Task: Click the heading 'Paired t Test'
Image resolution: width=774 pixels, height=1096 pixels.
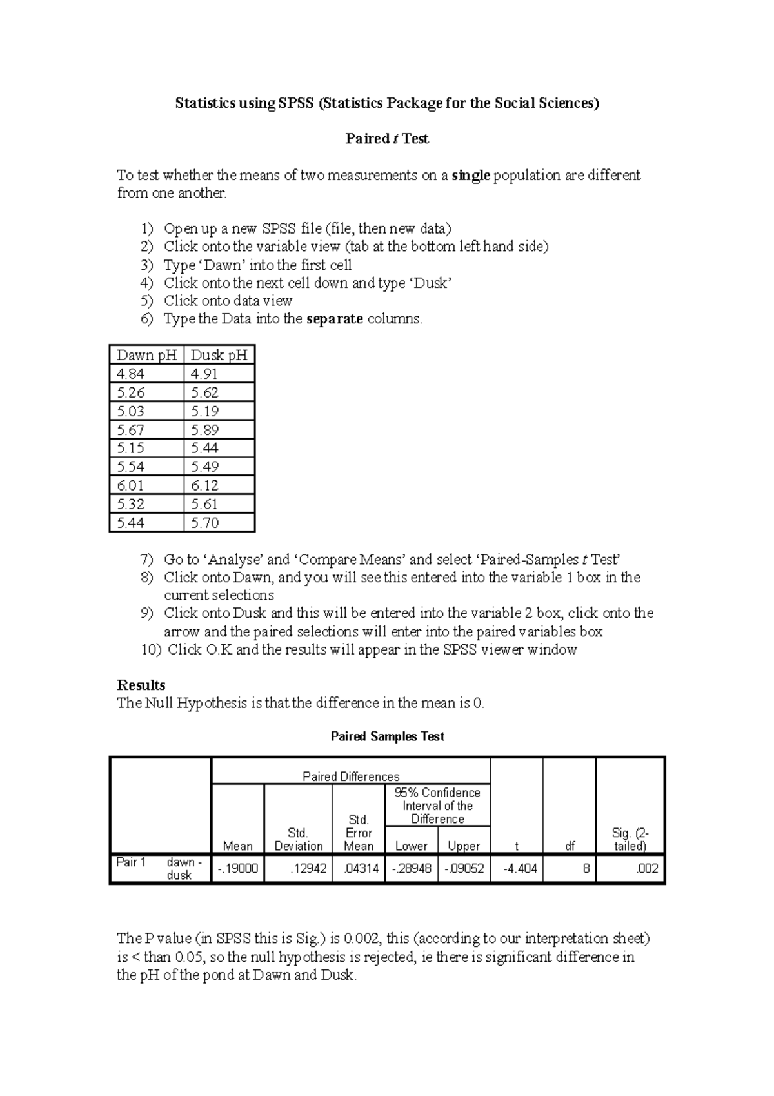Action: pyautogui.click(x=387, y=139)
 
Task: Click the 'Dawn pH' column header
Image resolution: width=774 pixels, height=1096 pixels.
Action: pyautogui.click(x=146, y=355)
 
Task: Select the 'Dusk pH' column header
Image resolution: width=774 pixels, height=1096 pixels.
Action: pyautogui.click(x=219, y=355)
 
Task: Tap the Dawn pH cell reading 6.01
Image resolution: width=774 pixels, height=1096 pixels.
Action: pyautogui.click(x=131, y=485)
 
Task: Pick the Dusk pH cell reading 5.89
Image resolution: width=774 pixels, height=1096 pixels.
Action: pyautogui.click(x=205, y=430)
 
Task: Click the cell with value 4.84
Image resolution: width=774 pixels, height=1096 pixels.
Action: pyautogui.click(x=131, y=374)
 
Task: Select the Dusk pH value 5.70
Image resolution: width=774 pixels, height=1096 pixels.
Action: pyautogui.click(x=205, y=523)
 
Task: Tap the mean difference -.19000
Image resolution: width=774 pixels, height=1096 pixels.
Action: pyautogui.click(x=238, y=869)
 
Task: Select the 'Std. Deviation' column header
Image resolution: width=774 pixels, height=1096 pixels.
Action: pyautogui.click(x=298, y=839)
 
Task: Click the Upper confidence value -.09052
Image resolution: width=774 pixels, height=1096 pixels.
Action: pyautogui.click(x=464, y=869)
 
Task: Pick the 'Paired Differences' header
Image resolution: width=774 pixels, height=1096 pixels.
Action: pyautogui.click(x=351, y=776)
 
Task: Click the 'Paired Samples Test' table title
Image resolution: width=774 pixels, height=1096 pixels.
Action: pyautogui.click(x=387, y=736)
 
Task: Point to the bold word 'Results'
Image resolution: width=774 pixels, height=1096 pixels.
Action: pyautogui.click(x=141, y=685)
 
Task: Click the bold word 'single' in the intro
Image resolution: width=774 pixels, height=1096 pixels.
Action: pyautogui.click(x=471, y=176)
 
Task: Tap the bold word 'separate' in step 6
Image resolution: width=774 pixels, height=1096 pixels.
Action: pyautogui.click(x=335, y=319)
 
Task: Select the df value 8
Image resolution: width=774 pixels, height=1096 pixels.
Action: pyautogui.click(x=586, y=869)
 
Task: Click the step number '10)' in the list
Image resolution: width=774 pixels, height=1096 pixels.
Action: pyautogui.click(x=151, y=650)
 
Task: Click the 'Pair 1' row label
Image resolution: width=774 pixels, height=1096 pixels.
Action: pyautogui.click(x=132, y=862)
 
